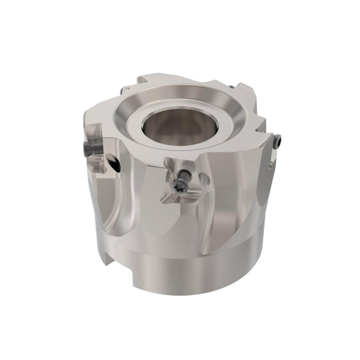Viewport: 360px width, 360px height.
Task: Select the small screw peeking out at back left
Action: point(122,91)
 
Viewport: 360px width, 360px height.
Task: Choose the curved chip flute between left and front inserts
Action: point(135,198)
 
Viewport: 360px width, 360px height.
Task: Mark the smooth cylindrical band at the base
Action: point(189,270)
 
